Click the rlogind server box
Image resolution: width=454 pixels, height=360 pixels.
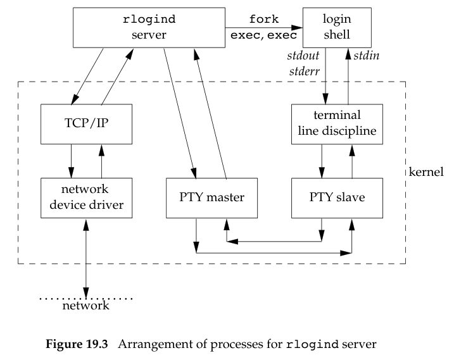[x=148, y=27]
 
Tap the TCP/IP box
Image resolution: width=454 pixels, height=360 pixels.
[x=86, y=123]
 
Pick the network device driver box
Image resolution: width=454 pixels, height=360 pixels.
[x=86, y=197]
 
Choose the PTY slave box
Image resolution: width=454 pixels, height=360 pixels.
[x=336, y=197]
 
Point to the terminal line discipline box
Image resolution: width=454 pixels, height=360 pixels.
[x=336, y=123]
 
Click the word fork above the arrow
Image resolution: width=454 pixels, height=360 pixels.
[x=263, y=20]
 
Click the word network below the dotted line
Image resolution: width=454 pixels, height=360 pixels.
[x=86, y=306]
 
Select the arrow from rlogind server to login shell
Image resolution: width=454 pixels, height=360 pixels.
[x=263, y=27]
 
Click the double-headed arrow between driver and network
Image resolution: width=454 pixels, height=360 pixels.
[x=86, y=253]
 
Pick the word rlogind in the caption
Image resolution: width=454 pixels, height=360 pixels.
[x=311, y=345]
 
